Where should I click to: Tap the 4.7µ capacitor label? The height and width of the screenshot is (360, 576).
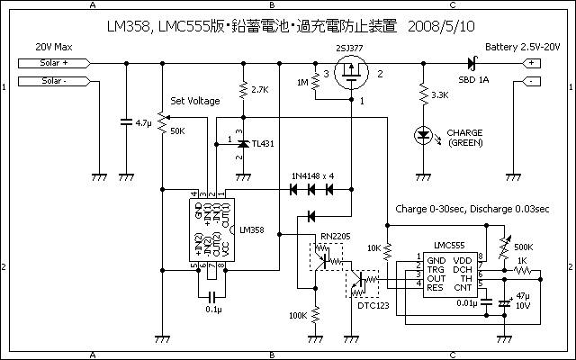pos(143,121)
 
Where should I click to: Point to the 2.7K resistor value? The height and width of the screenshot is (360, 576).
pos(260,90)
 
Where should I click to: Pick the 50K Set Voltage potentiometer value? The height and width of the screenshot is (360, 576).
pos(177,131)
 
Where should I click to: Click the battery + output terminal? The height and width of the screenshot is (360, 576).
pos(533,64)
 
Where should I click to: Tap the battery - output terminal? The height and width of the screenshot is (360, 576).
pos(533,81)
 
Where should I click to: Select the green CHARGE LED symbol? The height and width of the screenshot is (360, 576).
pos(423,135)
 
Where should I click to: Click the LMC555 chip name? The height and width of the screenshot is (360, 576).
pos(448,245)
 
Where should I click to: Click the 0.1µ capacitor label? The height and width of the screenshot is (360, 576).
pos(212,310)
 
